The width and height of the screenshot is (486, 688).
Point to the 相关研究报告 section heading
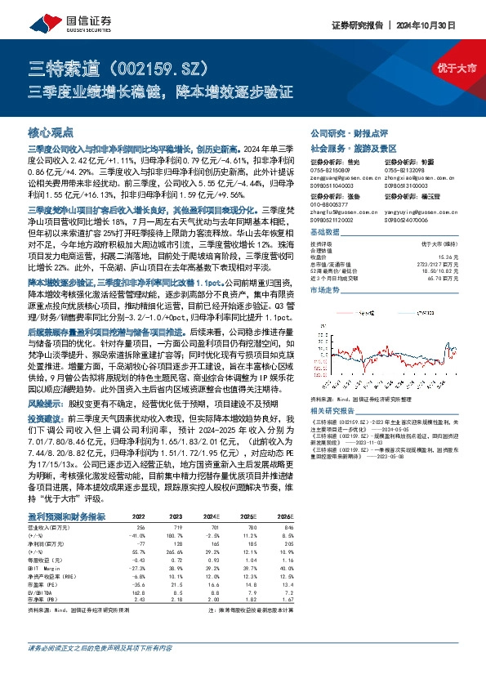point(334,409)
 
